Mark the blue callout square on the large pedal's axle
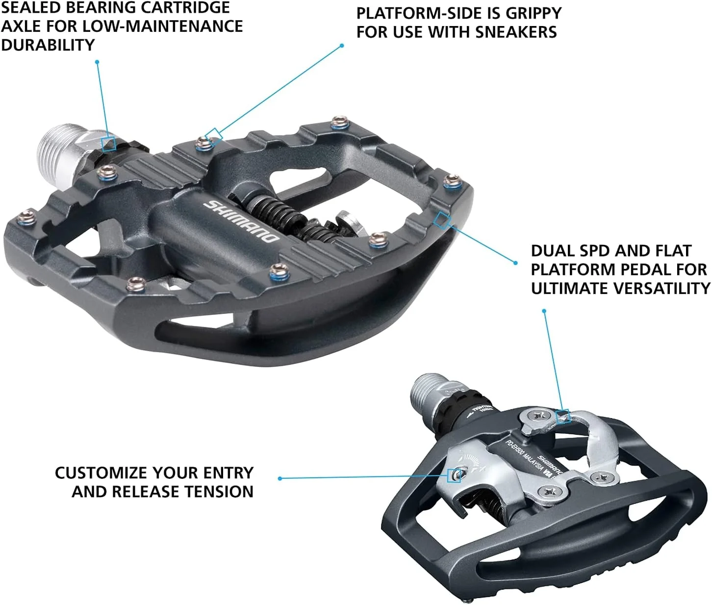(x=108, y=144)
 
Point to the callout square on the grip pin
(x=213, y=134)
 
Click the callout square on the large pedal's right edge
(x=442, y=220)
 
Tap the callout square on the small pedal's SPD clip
(x=563, y=417)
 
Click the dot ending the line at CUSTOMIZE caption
(x=280, y=478)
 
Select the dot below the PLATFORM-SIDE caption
(x=342, y=46)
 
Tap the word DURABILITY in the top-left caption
(x=48, y=45)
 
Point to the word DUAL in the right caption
(x=552, y=251)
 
